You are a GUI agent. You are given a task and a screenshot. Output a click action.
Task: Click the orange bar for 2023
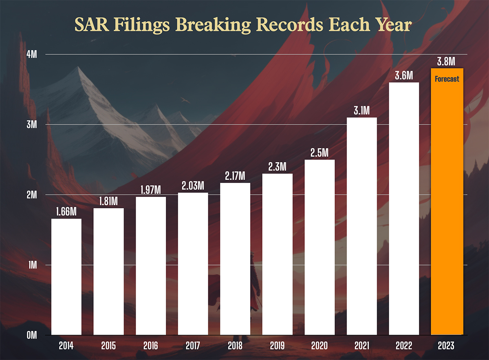[447, 204]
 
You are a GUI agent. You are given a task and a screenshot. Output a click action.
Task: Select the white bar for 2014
[66, 277]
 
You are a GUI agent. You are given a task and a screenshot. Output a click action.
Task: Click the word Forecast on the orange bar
[447, 79]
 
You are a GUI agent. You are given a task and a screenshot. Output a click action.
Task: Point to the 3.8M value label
[447, 62]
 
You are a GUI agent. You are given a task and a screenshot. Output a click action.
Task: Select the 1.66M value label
[66, 212]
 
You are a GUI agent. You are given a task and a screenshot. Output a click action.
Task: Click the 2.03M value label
[193, 186]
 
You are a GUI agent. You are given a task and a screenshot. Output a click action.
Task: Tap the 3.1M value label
[362, 110]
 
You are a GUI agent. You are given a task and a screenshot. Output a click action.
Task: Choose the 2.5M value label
[319, 153]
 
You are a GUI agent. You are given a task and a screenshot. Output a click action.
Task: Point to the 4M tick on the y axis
[32, 54]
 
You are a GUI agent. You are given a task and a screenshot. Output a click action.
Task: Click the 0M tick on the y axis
[32, 335]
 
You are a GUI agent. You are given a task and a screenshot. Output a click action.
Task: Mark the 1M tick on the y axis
[33, 265]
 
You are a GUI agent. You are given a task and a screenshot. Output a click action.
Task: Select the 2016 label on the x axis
[150, 346]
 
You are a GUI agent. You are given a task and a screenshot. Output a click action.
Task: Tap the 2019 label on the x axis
[277, 346]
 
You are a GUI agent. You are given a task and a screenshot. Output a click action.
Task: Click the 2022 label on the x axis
[404, 346]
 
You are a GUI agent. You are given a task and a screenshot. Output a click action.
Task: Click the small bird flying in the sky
[185, 99]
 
